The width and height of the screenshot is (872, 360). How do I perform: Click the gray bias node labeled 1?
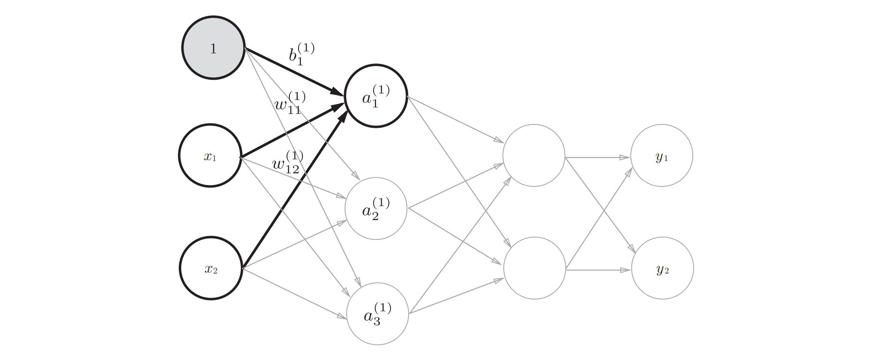(x=213, y=48)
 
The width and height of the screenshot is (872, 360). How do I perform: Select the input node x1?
(x=210, y=156)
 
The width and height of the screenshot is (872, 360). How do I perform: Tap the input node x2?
(x=211, y=268)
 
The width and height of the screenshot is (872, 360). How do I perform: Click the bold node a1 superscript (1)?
(x=376, y=96)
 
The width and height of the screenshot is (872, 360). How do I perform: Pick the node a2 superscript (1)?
(x=376, y=209)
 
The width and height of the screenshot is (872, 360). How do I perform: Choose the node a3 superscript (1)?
(x=377, y=314)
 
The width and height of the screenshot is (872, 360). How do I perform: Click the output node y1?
(x=661, y=156)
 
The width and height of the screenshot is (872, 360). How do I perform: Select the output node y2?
(x=662, y=268)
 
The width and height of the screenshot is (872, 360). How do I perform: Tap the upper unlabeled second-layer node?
(x=534, y=156)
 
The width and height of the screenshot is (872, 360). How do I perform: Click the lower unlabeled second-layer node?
(x=535, y=268)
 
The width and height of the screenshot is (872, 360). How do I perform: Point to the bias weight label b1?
(x=301, y=54)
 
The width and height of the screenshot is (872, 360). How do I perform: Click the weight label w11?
(x=290, y=103)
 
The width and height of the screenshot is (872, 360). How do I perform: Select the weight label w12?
(x=287, y=162)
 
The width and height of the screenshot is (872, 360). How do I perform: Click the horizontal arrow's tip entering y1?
(x=626, y=157)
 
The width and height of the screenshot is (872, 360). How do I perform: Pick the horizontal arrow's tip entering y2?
(x=626, y=270)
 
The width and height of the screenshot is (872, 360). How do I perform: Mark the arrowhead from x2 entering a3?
(x=343, y=316)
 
